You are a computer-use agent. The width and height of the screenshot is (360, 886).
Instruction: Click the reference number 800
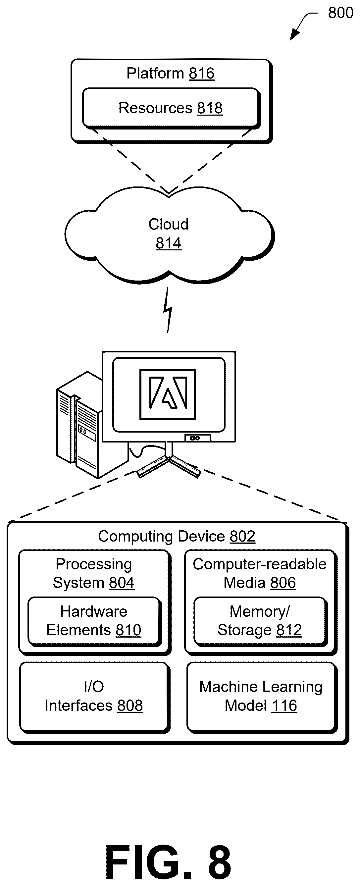pyautogui.click(x=340, y=13)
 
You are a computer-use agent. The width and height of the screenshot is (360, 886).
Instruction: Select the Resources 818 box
pyautogui.click(x=171, y=108)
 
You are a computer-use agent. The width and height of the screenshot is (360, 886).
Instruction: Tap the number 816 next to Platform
pyautogui.click(x=201, y=73)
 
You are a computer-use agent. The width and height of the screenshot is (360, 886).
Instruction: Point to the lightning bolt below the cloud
pyautogui.click(x=168, y=310)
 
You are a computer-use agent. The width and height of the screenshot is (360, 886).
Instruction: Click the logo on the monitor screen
pyautogui.click(x=168, y=394)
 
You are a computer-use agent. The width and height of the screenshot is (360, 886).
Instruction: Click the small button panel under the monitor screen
pyautogui.click(x=198, y=438)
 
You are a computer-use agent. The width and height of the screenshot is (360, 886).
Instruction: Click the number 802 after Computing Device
pyautogui.click(x=242, y=536)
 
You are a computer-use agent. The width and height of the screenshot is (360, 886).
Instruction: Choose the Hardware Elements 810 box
pyautogui.click(x=94, y=621)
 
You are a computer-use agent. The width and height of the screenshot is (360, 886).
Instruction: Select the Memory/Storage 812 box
pyautogui.click(x=260, y=621)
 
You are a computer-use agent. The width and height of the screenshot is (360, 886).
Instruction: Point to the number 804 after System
pyautogui.click(x=122, y=583)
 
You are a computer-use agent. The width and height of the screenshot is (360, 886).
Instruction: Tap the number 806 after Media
pyautogui.click(x=283, y=583)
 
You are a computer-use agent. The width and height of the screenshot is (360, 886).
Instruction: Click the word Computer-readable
pyautogui.click(x=260, y=564)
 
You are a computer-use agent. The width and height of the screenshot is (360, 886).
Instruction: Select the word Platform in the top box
pyautogui.click(x=155, y=73)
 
